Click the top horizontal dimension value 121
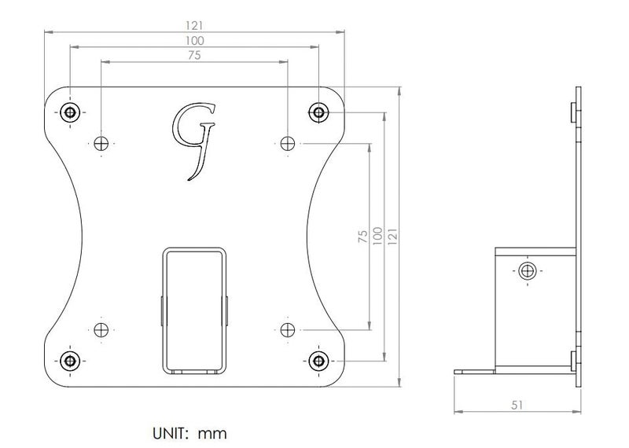[x=194, y=26]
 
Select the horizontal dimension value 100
[x=194, y=41]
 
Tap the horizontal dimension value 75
[x=194, y=55]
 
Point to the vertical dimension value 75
[x=362, y=237]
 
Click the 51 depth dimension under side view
[x=517, y=405]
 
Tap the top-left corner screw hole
[x=70, y=112]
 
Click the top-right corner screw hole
[x=318, y=112]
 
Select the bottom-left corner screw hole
[x=70, y=361]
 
